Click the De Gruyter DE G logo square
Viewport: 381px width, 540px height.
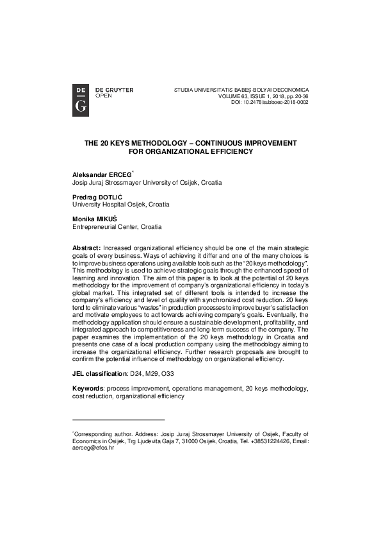pyautogui.click(x=81, y=99)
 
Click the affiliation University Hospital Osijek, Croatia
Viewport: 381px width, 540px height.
pyautogui.click(x=121, y=204)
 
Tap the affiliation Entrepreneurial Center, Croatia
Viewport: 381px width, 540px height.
pyautogui.click(x=117, y=226)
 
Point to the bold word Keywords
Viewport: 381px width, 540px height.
pyautogui.click(x=90, y=389)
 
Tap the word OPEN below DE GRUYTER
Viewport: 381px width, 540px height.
pyautogui.click(x=103, y=95)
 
